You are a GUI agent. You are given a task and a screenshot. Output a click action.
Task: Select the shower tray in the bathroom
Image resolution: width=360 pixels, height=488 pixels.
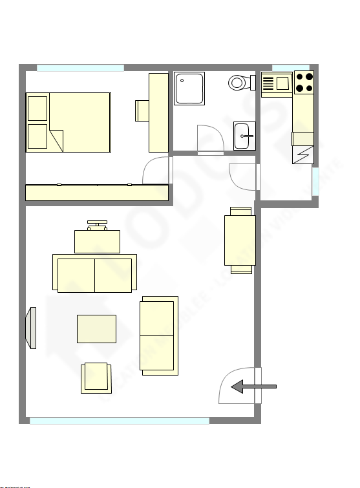click(x=189, y=88)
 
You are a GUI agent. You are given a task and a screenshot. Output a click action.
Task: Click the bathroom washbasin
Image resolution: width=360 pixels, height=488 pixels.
click(x=244, y=136)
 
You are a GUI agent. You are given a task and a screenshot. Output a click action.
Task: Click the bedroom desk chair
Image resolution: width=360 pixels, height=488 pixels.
click(x=142, y=111)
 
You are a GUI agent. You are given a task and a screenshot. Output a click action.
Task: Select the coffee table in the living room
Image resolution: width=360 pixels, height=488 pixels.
click(x=96, y=328)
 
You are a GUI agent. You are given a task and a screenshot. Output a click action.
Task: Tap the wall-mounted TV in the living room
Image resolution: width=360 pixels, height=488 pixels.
click(x=31, y=328)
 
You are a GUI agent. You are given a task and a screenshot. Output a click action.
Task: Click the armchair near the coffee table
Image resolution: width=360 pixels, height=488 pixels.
click(x=95, y=377)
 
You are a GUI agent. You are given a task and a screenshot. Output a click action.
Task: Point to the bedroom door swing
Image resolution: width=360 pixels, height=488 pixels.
click(x=156, y=171)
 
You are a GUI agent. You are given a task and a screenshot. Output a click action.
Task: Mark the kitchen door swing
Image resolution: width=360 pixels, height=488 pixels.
click(x=244, y=178)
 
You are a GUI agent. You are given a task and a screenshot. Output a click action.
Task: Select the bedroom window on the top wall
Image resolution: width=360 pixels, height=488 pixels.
click(x=80, y=68)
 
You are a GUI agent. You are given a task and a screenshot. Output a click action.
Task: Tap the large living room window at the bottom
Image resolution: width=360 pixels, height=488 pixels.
click(x=120, y=421)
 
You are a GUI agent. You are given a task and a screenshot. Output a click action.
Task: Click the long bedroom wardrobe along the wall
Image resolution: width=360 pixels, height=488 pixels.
click(x=97, y=193)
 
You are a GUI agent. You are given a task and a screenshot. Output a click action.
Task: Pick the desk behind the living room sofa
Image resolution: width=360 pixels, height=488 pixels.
click(x=97, y=241)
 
